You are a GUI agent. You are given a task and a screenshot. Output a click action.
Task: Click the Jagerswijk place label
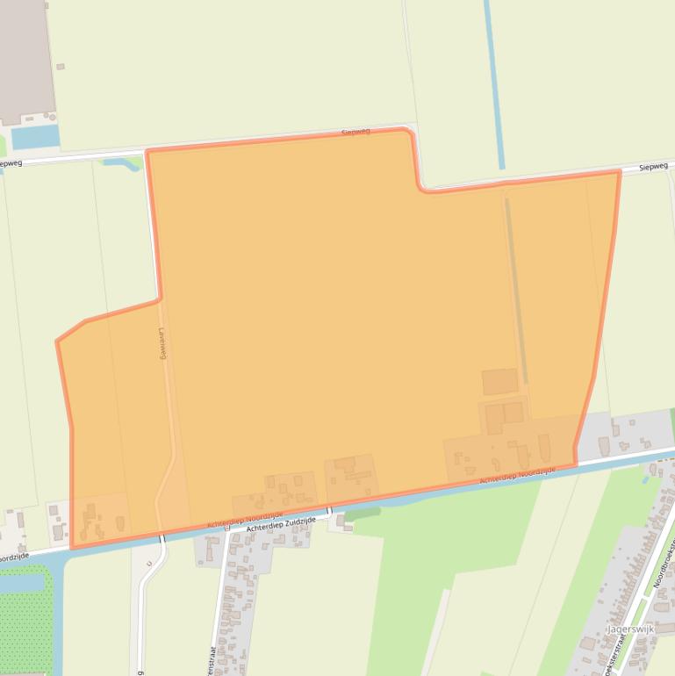(x=629, y=629)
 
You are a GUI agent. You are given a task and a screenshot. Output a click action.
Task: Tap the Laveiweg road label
(x=162, y=343)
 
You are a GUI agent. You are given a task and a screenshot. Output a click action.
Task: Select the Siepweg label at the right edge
(x=653, y=166)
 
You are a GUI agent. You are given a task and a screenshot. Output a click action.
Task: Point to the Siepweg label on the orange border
(x=355, y=132)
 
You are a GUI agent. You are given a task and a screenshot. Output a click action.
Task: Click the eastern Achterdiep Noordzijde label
(x=518, y=475)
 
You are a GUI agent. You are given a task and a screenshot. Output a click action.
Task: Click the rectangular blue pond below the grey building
(x=36, y=137)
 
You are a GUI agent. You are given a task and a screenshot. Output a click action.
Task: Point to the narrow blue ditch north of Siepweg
(x=494, y=88)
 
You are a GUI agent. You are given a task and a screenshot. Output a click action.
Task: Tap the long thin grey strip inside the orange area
(x=514, y=290)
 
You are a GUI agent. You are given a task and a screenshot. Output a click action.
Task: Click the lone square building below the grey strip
(x=500, y=382)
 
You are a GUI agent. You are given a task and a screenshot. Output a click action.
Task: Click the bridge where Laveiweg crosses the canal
(x=162, y=537)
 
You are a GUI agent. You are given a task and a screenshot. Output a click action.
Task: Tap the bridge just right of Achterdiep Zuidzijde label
(x=329, y=510)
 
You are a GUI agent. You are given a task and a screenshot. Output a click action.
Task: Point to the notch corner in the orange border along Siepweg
(x=421, y=188)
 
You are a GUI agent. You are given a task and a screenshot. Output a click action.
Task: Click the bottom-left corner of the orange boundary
(x=72, y=548)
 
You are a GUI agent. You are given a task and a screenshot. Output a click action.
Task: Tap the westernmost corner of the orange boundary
(x=57, y=342)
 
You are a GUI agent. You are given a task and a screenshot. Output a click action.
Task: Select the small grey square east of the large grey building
(x=61, y=67)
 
